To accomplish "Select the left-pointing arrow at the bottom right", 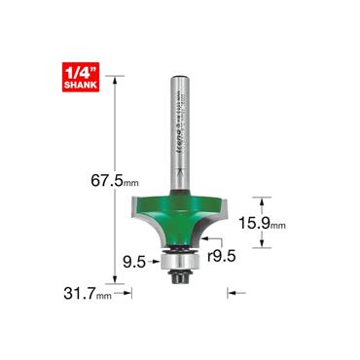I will (233, 290).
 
